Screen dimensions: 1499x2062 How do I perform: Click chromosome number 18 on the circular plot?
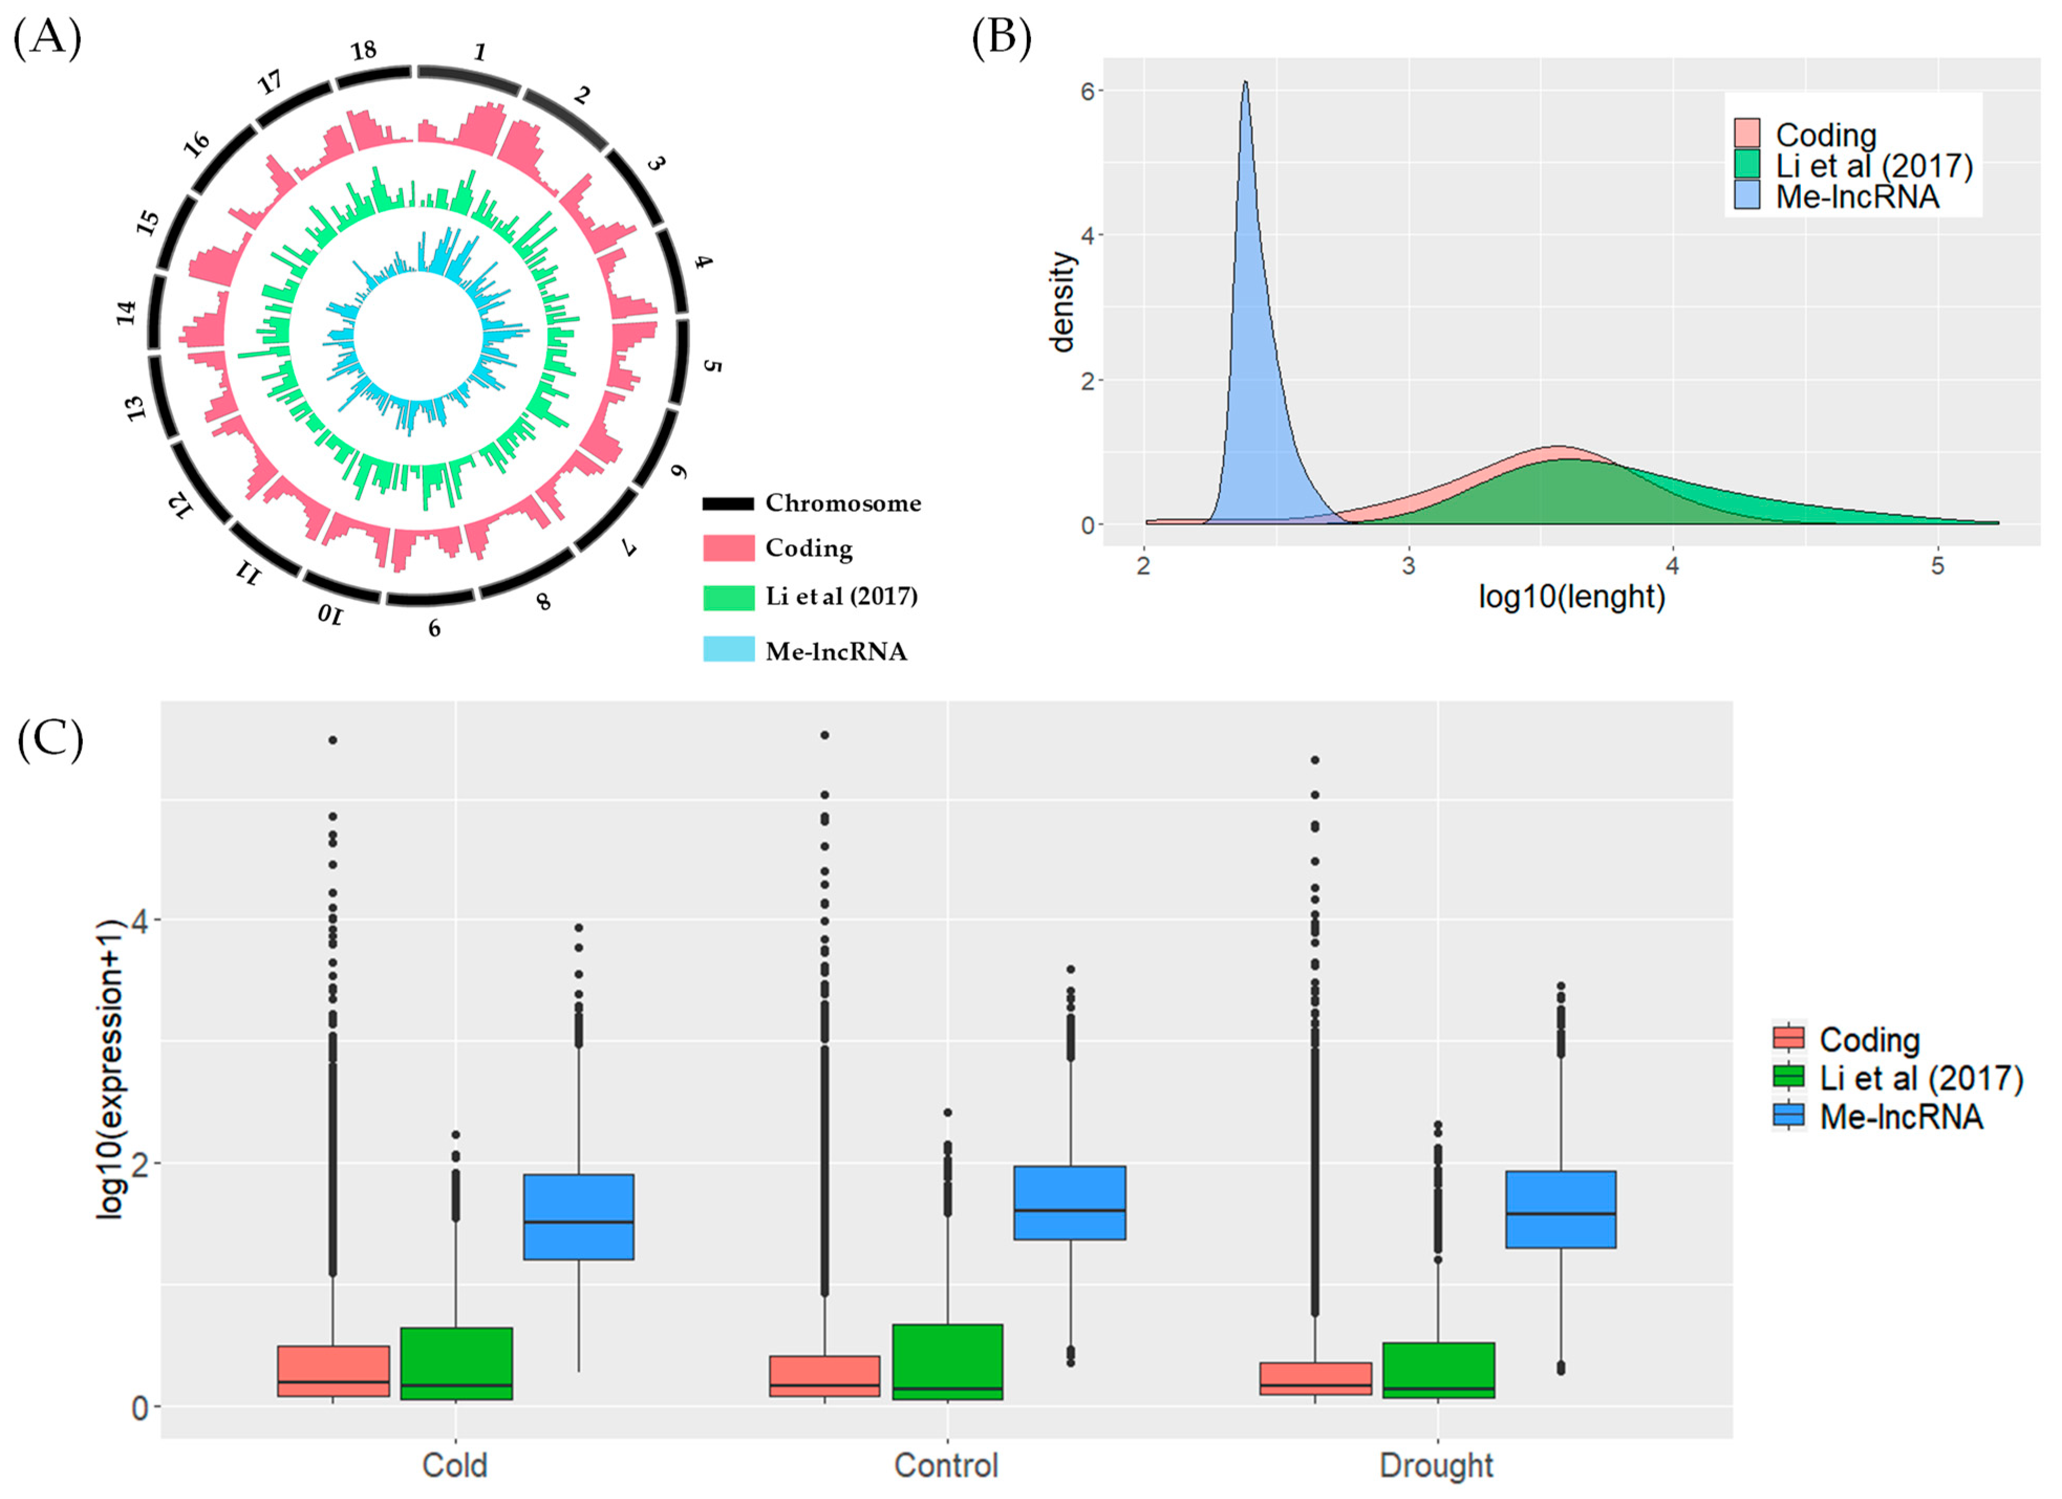point(363,51)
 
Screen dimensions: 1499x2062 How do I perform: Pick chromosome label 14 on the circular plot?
point(126,312)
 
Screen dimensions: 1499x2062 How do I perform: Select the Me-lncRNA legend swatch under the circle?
point(728,649)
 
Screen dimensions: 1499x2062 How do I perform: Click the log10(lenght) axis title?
point(1571,597)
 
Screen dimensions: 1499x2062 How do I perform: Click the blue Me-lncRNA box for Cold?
point(578,1216)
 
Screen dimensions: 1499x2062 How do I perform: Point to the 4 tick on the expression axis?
point(139,920)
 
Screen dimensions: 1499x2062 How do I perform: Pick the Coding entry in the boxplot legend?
point(1868,1039)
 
